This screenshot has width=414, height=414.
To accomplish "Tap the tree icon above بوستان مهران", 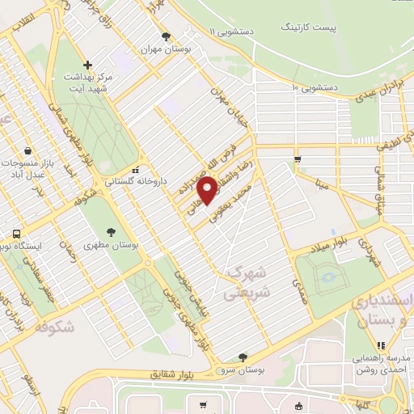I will (166, 36).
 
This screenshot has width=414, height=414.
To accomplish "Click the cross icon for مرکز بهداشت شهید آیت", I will (88, 64).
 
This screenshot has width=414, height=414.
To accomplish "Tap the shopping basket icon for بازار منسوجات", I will (29, 150).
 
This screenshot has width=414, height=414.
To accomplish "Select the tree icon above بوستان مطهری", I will (110, 231).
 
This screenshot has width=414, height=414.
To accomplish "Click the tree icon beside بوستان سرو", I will (242, 357).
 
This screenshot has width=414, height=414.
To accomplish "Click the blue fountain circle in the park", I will (328, 279).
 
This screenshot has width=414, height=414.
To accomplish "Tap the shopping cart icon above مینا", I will (298, 159).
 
